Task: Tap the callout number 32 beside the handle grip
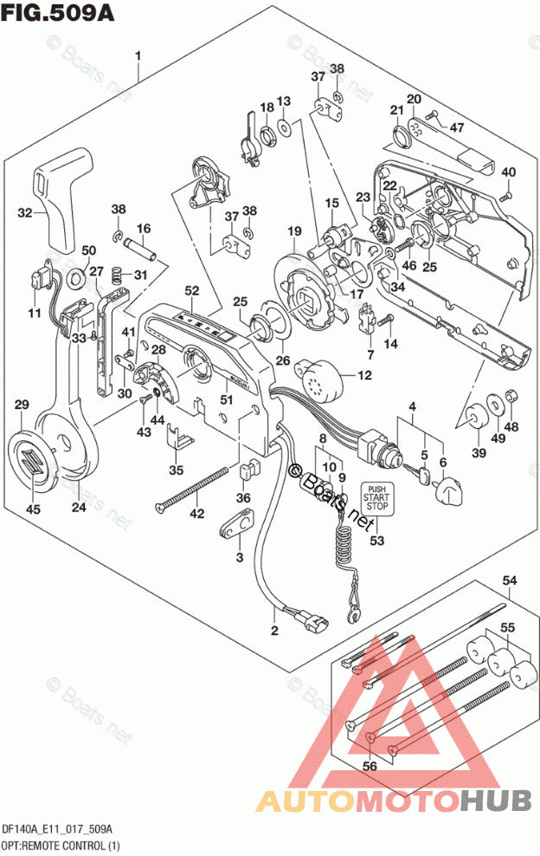[x=25, y=212]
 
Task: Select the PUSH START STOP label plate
[x=376, y=499]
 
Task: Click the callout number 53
[x=376, y=541]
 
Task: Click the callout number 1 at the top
[x=138, y=57]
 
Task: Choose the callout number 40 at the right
[x=508, y=171]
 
